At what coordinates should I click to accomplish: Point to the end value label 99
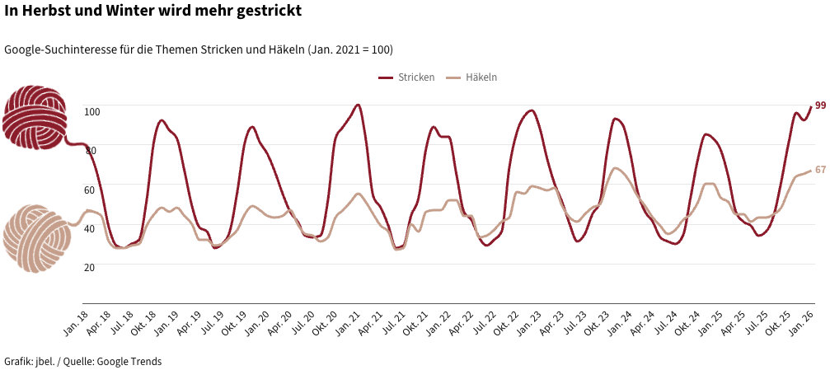pos(820,105)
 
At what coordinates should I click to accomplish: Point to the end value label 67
pos(820,170)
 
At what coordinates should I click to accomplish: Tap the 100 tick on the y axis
pos(91,111)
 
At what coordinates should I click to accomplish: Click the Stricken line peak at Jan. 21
pos(358,105)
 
